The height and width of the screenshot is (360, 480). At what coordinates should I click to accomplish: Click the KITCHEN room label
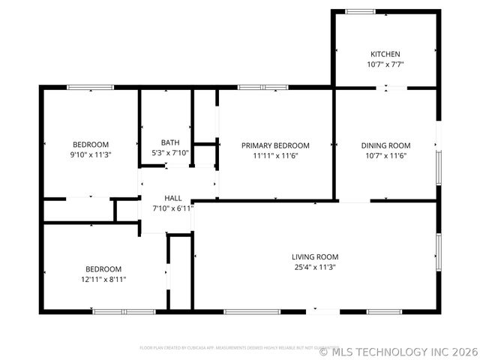[x=385, y=54]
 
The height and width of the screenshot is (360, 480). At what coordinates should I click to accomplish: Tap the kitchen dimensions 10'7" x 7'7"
[x=385, y=64]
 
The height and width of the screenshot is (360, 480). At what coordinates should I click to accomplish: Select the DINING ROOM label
[x=385, y=145]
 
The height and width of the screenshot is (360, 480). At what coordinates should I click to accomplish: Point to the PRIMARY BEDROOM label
[x=275, y=145]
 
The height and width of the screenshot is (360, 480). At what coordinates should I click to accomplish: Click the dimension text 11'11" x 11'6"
[x=275, y=156]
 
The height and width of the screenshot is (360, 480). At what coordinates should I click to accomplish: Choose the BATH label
[x=170, y=142]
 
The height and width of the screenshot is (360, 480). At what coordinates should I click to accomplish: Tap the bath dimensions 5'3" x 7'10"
[x=170, y=153]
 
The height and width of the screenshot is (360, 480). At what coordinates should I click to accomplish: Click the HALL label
[x=173, y=198]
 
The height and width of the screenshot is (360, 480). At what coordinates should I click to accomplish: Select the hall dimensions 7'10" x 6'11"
[x=173, y=208]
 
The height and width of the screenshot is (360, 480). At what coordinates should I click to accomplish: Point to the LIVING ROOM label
[x=315, y=256]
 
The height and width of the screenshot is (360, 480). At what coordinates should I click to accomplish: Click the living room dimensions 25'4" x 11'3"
[x=315, y=267]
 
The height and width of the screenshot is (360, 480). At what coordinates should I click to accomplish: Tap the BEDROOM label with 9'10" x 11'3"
[x=91, y=145]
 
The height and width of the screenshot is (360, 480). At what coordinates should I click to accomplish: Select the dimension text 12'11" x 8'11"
[x=103, y=279]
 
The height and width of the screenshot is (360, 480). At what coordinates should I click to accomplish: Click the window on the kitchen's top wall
[x=361, y=11]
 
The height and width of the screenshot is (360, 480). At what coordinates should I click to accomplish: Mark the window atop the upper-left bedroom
[x=91, y=87]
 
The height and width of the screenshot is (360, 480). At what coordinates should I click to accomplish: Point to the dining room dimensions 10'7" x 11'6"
[x=385, y=156]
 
